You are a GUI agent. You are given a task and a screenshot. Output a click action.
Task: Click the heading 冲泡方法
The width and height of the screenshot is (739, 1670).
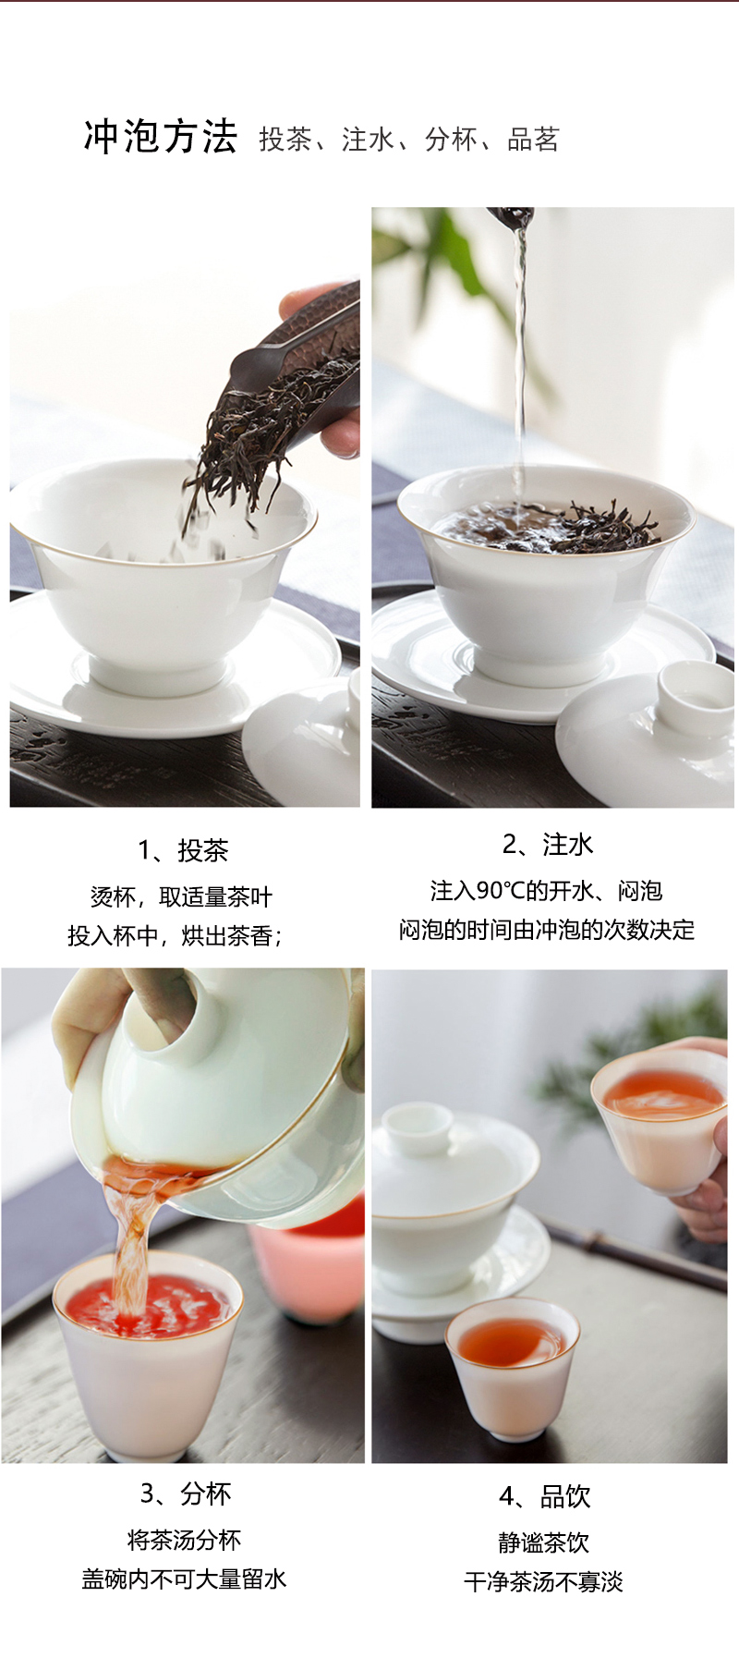click(x=161, y=137)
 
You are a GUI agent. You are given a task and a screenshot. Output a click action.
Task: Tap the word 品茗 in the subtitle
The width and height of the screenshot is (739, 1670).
click(x=533, y=140)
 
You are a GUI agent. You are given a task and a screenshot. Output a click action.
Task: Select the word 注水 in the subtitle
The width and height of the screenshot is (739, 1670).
click(x=368, y=140)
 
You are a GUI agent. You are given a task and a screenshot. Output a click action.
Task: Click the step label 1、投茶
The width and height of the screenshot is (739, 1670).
click(x=183, y=850)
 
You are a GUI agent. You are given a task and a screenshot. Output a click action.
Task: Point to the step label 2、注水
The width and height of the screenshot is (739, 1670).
click(x=548, y=844)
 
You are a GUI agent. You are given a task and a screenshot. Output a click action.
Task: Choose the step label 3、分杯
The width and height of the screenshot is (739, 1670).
click(x=186, y=1493)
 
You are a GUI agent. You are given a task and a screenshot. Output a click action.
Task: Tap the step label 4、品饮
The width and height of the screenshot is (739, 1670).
click(x=545, y=1496)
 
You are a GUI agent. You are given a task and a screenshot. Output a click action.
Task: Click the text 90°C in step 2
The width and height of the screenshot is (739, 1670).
click(x=500, y=891)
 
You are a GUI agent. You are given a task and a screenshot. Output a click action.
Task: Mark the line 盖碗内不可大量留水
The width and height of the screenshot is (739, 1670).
click(x=184, y=1579)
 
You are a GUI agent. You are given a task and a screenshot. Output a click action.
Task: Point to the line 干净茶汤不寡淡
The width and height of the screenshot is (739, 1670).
click(x=544, y=1582)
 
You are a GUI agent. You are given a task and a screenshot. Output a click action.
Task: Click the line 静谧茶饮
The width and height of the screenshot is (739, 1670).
click(x=544, y=1542)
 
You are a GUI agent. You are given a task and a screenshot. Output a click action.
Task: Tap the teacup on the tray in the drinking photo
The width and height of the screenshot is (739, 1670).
click(x=513, y=1367)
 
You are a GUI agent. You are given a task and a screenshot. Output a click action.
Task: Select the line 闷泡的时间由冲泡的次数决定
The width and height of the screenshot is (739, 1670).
click(x=547, y=930)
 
